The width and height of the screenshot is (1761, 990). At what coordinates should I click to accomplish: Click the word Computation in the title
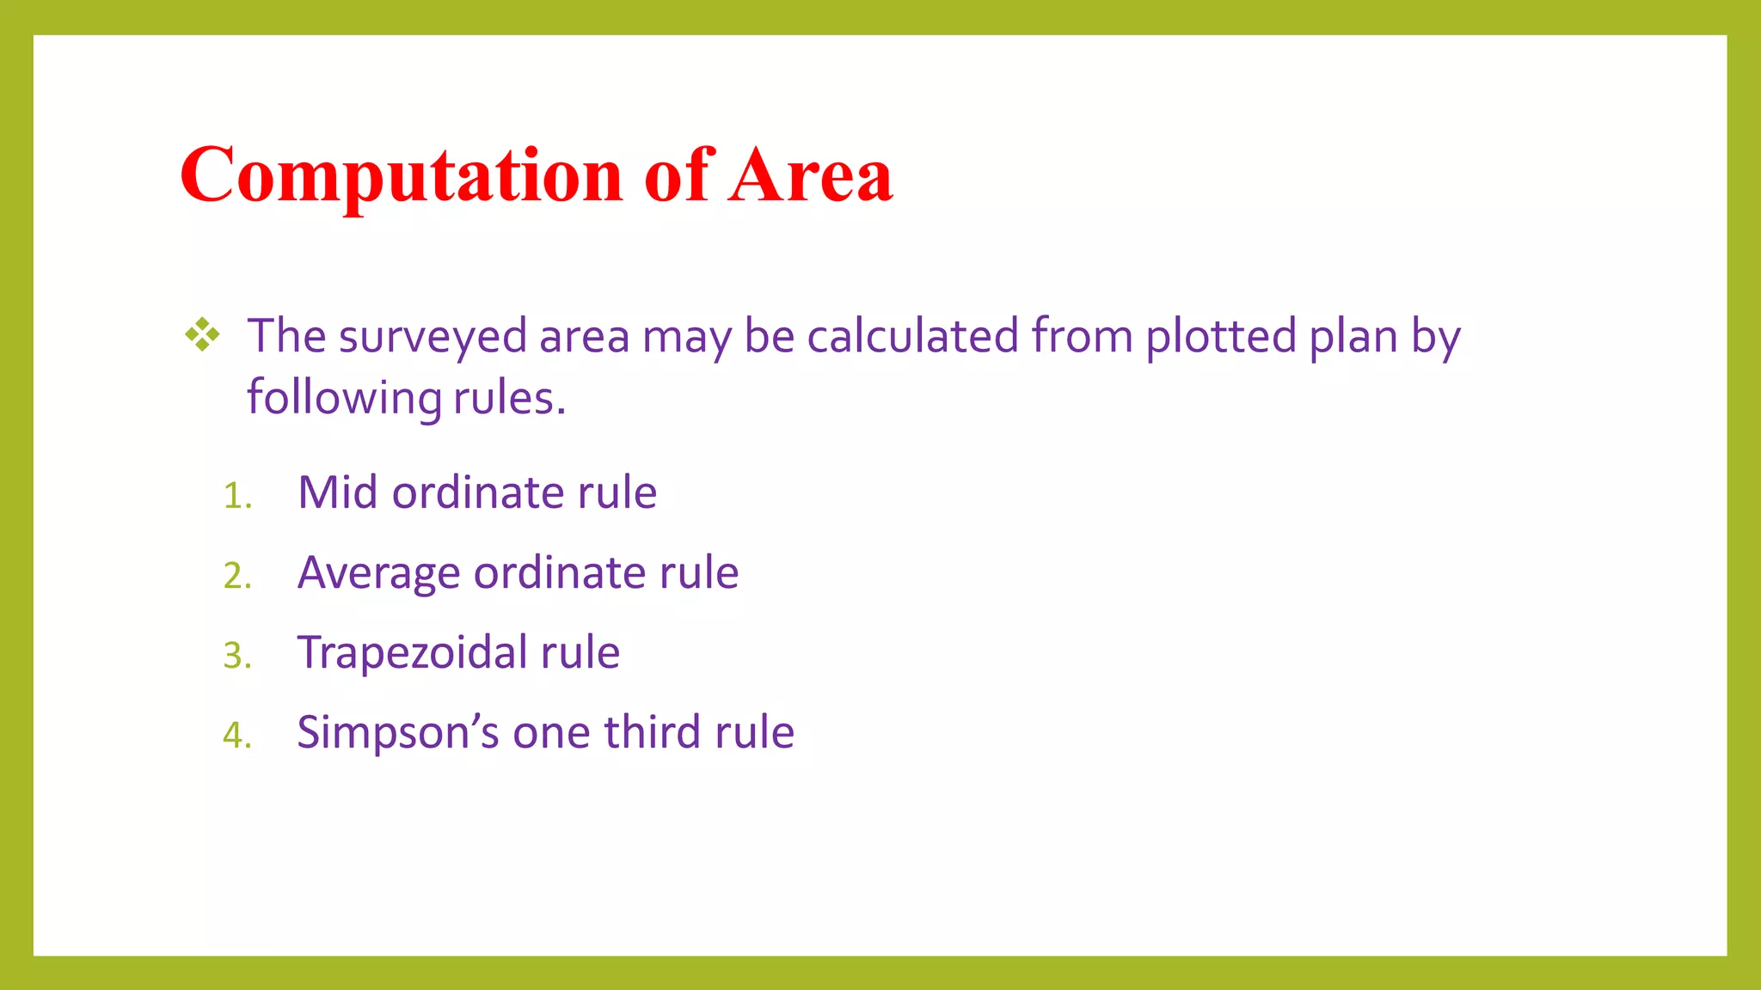point(401,176)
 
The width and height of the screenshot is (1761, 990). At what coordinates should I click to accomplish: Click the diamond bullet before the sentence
point(203,334)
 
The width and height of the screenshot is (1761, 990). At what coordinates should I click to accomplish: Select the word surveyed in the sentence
point(433,337)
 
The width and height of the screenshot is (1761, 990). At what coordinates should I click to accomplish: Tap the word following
point(344,399)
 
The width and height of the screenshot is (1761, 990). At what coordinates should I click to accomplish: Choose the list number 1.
point(236,496)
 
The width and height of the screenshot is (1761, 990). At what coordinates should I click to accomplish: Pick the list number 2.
point(236,576)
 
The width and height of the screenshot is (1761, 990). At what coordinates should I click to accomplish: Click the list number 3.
point(236,656)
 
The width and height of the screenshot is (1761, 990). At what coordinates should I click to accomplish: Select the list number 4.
point(236,736)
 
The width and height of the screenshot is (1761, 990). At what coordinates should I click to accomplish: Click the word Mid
point(337,492)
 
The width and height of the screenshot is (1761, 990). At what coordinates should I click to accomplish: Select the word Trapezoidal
point(412,653)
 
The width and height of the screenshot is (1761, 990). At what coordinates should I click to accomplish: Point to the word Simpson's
point(398,733)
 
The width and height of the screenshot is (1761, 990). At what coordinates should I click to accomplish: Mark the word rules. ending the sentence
point(509,399)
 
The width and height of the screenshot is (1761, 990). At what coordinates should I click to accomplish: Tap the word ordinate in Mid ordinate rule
point(477,492)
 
